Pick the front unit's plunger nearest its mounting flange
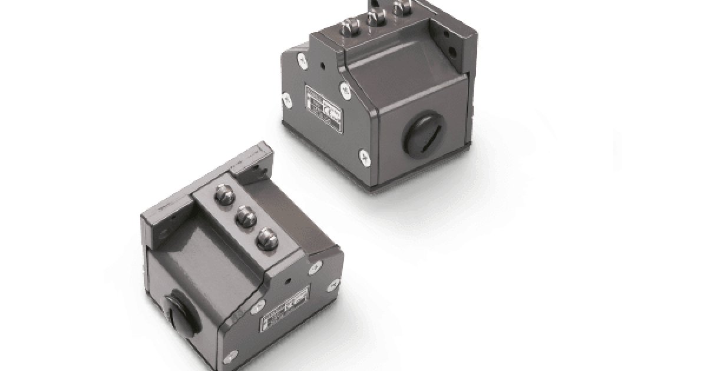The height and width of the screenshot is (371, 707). [x=224, y=195]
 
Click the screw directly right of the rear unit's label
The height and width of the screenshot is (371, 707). [x=345, y=90]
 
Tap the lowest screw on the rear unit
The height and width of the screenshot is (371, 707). [x=364, y=155]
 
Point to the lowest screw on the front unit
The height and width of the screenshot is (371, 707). [x=230, y=356]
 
